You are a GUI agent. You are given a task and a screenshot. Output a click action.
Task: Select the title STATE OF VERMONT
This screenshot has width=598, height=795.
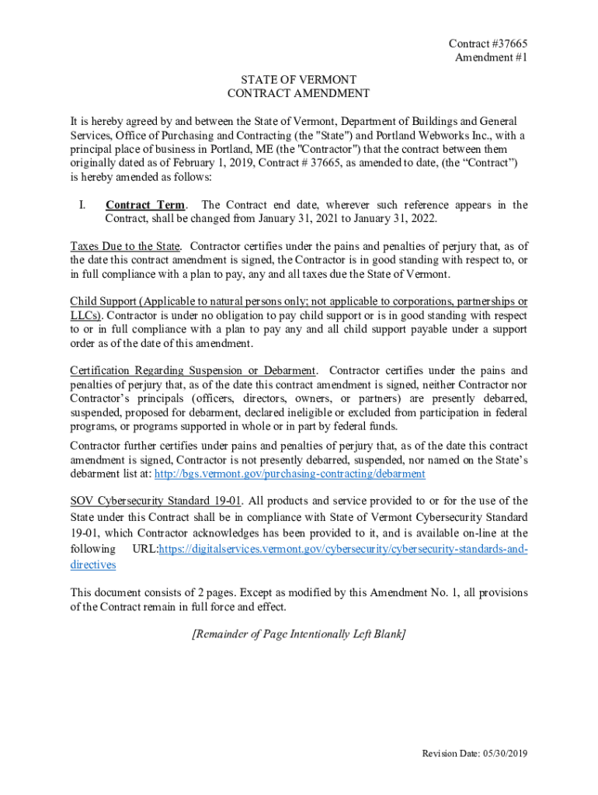(x=298, y=79)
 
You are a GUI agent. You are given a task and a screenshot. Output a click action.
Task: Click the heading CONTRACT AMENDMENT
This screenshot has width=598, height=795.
(x=298, y=93)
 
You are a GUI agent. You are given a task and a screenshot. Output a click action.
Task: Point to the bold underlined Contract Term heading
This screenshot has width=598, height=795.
(x=145, y=205)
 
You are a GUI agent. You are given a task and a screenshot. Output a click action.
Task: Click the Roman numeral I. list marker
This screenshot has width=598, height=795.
(x=81, y=205)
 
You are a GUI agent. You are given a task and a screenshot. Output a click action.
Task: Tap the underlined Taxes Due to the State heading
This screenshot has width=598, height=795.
(x=124, y=247)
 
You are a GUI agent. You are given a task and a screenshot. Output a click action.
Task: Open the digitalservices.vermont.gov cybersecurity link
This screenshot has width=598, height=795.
(x=342, y=549)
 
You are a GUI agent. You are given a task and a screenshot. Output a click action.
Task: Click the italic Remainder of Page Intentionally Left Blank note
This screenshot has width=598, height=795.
(x=298, y=634)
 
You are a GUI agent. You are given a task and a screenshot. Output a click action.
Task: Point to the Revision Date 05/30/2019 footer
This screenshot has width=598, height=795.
(x=474, y=754)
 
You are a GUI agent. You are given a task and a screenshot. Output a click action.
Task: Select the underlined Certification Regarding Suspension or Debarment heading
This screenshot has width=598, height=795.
(x=193, y=370)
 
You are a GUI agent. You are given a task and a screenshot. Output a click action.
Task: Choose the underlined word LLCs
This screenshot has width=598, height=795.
(x=85, y=315)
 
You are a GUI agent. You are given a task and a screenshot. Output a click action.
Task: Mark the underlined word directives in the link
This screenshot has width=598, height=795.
(x=92, y=565)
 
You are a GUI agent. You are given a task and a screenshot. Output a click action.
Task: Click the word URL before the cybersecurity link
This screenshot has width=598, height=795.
(x=145, y=549)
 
